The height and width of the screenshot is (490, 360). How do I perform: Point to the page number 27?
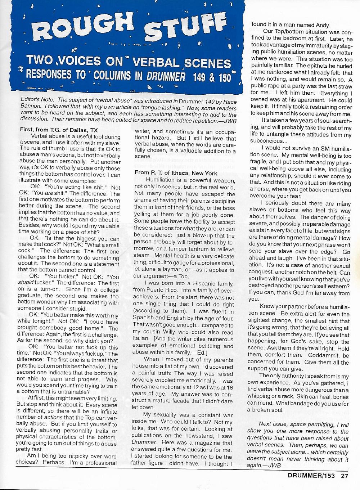345,475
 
